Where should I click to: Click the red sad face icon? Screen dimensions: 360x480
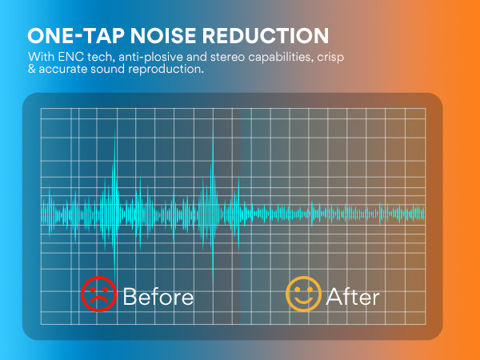[98, 294]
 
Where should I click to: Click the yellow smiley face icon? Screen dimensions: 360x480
[302, 294]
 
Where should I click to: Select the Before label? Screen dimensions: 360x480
[158, 296]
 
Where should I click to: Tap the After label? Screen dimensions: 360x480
[353, 296]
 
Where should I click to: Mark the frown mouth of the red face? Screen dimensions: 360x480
[98, 302]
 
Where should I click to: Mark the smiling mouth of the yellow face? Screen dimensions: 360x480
[302, 301]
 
